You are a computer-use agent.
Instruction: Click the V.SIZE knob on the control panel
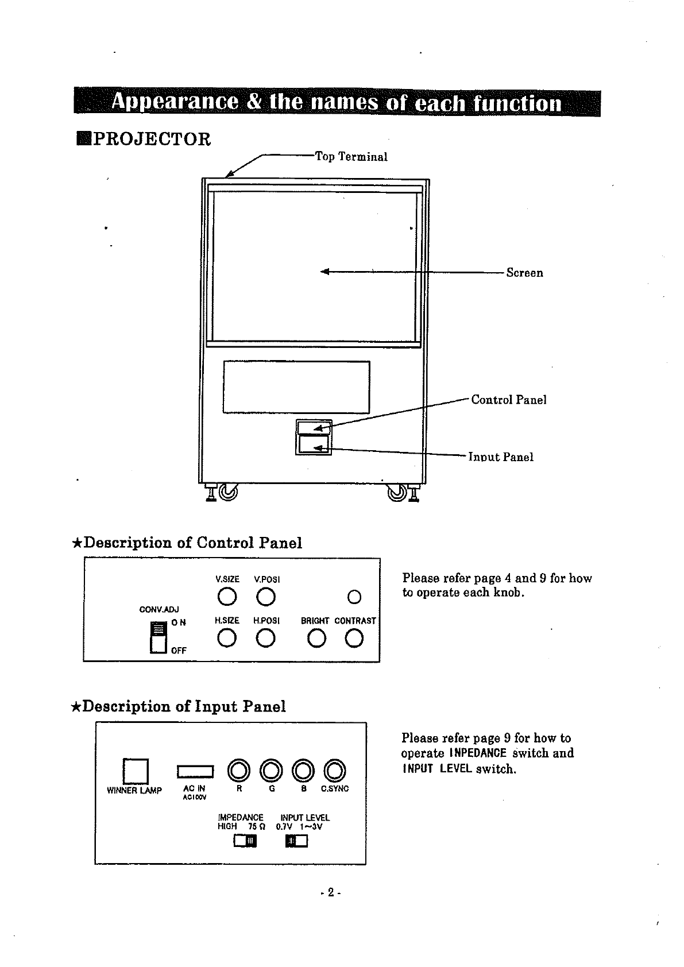click(227, 597)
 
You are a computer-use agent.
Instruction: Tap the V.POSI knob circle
click(266, 597)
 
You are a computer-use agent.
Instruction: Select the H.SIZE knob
click(227, 638)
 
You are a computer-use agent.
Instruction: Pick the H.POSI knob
click(266, 638)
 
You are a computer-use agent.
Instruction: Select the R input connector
click(238, 769)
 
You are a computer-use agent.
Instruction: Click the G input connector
click(271, 769)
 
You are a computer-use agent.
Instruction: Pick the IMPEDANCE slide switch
click(245, 841)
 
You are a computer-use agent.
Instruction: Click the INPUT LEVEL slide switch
click(297, 841)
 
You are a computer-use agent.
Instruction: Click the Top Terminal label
click(351, 157)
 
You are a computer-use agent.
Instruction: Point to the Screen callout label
click(524, 273)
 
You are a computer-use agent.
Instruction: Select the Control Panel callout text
click(508, 400)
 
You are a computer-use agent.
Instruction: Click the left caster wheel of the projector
click(228, 492)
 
